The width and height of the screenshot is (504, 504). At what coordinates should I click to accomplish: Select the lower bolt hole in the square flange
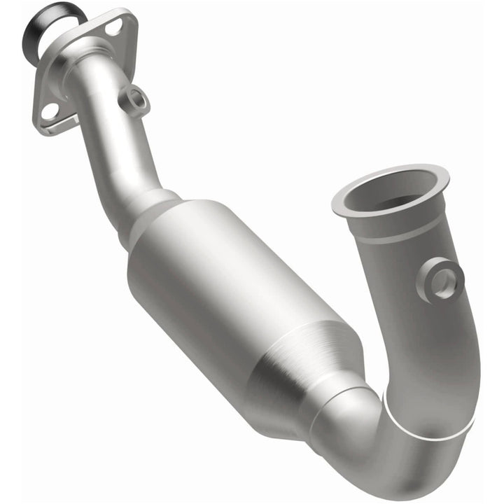click(x=48, y=111)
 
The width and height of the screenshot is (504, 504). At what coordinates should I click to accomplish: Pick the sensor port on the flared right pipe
click(x=443, y=280)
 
